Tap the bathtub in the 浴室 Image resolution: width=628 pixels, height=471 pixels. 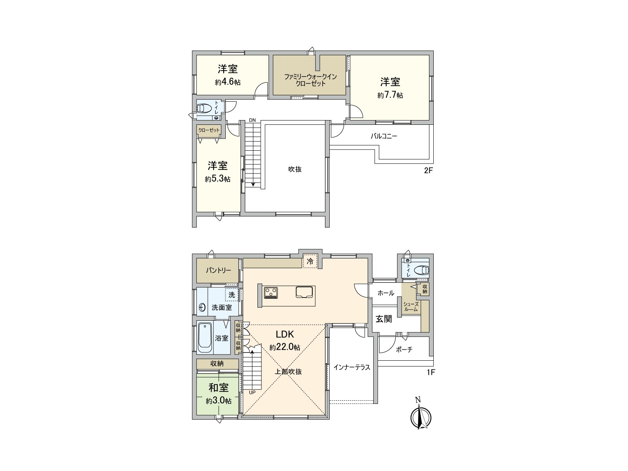[205, 338]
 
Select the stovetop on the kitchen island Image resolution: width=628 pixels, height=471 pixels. [271, 292]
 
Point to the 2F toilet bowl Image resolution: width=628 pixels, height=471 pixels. [205, 108]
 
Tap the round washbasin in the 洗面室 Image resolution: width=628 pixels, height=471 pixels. [203, 307]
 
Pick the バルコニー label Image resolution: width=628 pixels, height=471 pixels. [383, 137]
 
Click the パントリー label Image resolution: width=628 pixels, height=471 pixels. [218, 270]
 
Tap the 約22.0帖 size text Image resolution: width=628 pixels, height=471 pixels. [285, 347]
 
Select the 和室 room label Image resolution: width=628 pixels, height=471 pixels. [218, 388]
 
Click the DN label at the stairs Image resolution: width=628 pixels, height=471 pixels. [253, 120]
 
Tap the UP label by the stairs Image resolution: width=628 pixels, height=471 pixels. [252, 392]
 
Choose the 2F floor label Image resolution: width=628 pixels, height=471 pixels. [429, 171]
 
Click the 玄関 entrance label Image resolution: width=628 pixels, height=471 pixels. [384, 319]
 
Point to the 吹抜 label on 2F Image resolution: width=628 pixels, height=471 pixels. [295, 169]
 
